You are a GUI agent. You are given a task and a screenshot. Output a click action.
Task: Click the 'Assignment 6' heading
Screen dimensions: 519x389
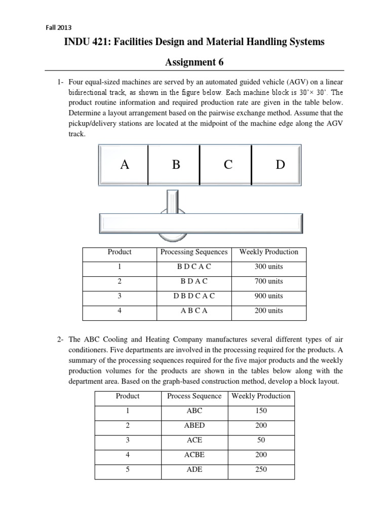[x=194, y=62]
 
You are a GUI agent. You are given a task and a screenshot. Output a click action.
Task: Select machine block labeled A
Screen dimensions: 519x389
[x=124, y=165]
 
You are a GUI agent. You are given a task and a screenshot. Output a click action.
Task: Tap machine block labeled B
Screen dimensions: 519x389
[x=176, y=165]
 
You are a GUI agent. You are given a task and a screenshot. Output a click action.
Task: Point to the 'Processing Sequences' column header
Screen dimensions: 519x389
[x=194, y=252]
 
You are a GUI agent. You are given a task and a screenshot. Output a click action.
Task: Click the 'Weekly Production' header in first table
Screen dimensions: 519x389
[x=268, y=252]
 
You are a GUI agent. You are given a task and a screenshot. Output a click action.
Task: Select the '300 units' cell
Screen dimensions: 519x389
[x=268, y=267]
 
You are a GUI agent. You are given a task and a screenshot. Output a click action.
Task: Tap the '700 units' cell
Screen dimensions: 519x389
[x=268, y=281]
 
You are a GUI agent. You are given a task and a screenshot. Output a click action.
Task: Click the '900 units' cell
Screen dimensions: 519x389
[x=268, y=296]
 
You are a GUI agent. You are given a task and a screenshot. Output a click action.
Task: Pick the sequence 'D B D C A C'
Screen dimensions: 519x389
[x=194, y=296]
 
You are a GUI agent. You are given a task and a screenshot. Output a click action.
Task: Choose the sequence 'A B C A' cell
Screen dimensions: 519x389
[x=194, y=311]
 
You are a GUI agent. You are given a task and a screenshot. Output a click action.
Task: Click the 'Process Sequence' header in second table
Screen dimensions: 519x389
[x=194, y=396]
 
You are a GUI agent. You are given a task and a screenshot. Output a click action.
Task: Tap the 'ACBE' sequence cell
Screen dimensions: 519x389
[x=194, y=455]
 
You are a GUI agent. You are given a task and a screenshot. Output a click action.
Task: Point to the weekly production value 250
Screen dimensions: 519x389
[x=261, y=469]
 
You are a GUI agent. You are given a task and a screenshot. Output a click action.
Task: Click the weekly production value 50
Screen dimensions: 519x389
[x=261, y=440]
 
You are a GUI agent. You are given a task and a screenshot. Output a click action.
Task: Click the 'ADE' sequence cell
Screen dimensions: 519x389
[x=194, y=469]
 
